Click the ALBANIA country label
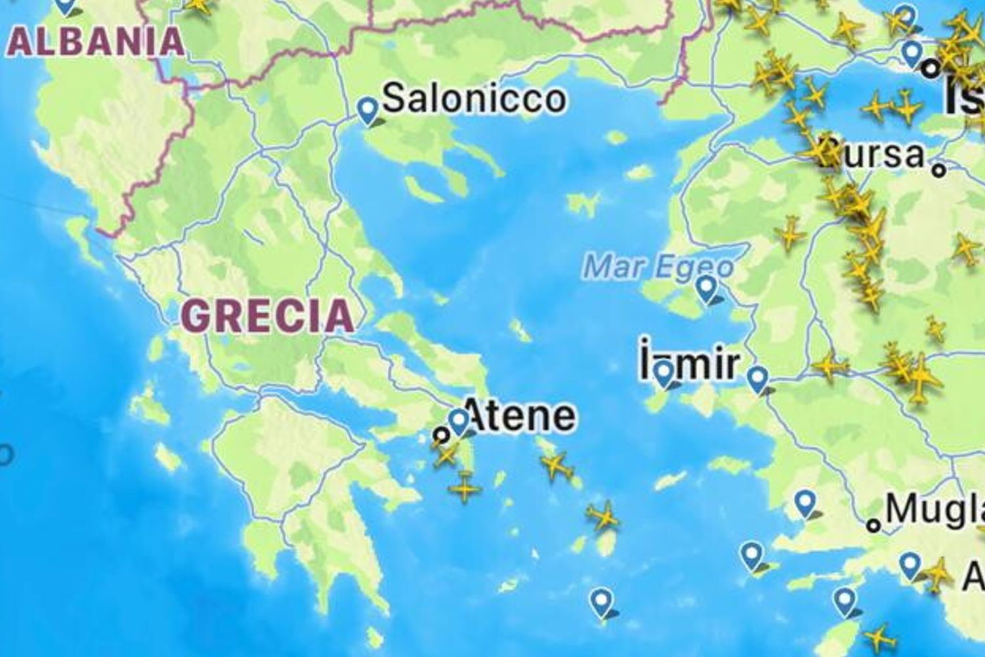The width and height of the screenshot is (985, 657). click(97, 41)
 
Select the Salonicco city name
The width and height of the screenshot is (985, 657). click(473, 99)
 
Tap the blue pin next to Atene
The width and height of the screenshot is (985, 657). click(458, 420)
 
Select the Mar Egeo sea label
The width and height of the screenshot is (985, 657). click(658, 267)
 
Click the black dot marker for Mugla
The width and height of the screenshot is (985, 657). click(873, 525)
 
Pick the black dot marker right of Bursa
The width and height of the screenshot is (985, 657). click(940, 170)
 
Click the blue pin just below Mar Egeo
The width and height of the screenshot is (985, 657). click(706, 288)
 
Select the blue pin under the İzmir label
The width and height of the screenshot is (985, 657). click(665, 373)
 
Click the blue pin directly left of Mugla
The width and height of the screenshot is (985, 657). click(804, 503)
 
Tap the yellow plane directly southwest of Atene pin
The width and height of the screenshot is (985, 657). click(445, 453)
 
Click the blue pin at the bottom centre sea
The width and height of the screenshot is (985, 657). click(600, 601)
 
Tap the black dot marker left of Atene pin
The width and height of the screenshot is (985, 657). click(442, 434)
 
